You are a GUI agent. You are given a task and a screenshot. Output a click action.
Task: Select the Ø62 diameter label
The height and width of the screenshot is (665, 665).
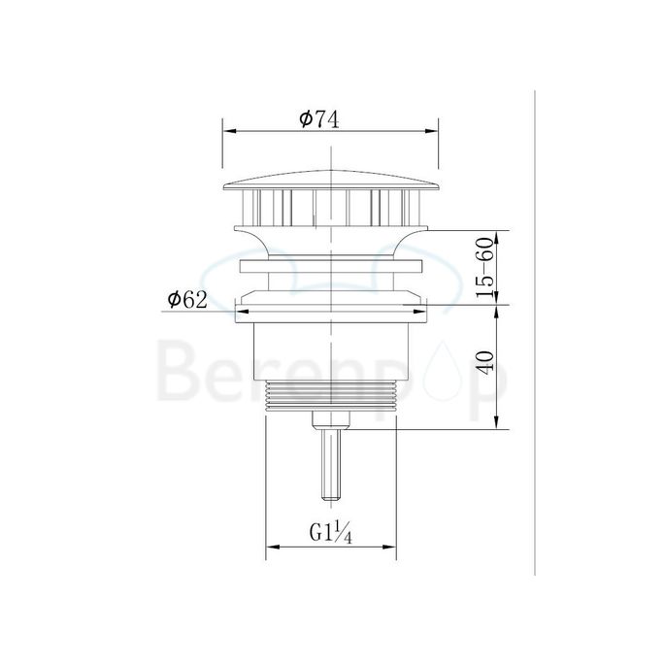point(186,300)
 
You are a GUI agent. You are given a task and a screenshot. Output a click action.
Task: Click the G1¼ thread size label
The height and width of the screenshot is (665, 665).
point(329,533)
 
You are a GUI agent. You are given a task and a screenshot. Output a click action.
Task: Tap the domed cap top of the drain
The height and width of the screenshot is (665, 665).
point(331,177)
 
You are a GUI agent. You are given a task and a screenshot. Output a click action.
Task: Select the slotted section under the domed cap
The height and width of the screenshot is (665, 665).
point(331,205)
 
